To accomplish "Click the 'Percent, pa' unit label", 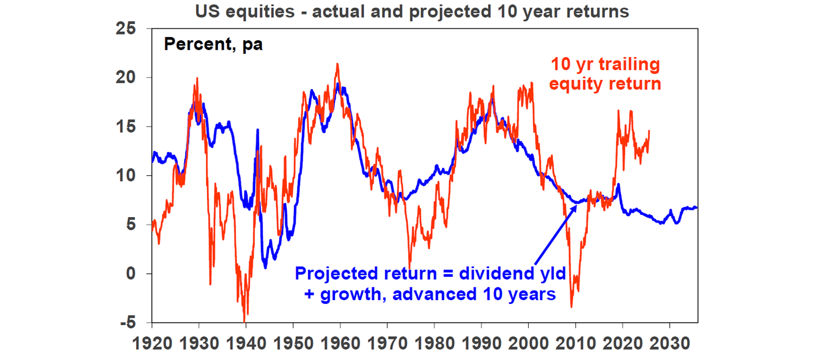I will click(x=213, y=44).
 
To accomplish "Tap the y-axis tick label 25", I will click(x=128, y=29).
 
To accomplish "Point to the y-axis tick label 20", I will click(x=128, y=78).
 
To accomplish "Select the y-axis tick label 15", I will click(x=128, y=127).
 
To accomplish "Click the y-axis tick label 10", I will click(x=128, y=176).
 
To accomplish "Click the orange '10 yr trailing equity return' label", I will click(x=605, y=74).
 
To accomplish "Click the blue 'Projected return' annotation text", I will click(x=430, y=283).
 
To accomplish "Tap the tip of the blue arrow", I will click(x=577, y=203).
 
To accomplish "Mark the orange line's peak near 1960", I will click(x=337, y=64).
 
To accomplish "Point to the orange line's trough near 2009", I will click(x=571, y=307).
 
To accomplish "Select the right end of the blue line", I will click(x=697, y=208).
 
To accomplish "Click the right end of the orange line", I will click(x=649, y=131).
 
